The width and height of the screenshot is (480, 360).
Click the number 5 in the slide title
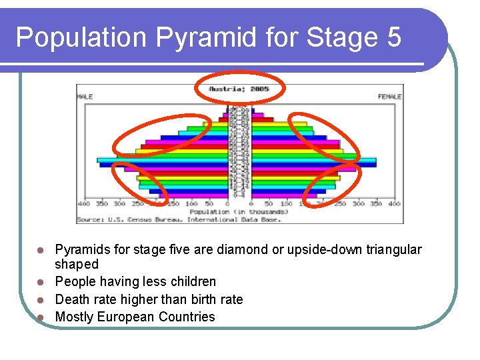click(x=393, y=37)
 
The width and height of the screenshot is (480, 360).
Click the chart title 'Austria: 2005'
click(x=239, y=88)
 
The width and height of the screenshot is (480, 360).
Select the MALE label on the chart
click(x=85, y=97)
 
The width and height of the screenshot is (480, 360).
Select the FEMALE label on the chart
click(x=389, y=97)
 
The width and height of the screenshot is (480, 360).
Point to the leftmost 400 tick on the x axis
click(x=84, y=203)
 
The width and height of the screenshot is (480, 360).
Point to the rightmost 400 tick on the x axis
click(x=394, y=203)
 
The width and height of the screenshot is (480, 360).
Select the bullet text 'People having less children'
click(x=135, y=282)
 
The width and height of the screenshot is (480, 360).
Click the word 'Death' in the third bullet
click(x=72, y=299)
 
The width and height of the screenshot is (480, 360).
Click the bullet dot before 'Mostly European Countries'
click(x=41, y=317)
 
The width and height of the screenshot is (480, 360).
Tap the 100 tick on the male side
click(x=191, y=203)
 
